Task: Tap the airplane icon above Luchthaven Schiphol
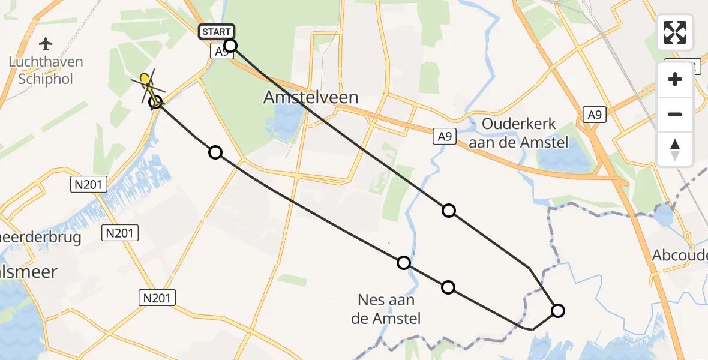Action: [x=46, y=44]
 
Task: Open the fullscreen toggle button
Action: [x=675, y=32]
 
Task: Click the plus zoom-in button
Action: [x=675, y=79]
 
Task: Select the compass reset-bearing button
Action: [x=675, y=149]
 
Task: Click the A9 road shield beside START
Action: [x=222, y=52]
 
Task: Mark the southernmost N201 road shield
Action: [x=157, y=297]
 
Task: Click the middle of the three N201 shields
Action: [x=121, y=233]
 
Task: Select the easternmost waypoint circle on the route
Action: [x=557, y=310]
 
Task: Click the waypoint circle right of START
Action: [x=230, y=46]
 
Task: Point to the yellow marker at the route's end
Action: [x=145, y=78]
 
